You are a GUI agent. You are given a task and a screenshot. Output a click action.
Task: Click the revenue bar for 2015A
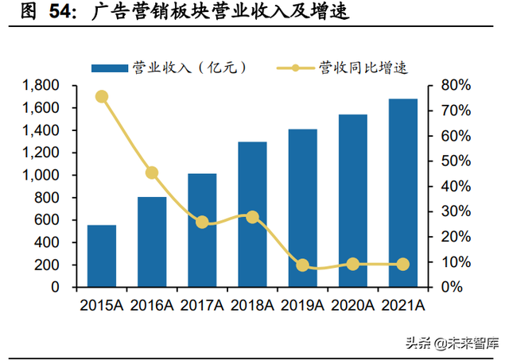point(102,256)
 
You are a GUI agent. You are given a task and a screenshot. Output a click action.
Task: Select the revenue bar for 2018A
point(252,215)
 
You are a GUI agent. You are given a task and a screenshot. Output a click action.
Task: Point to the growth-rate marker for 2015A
point(102,97)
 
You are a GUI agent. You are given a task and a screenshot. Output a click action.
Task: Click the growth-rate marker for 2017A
point(202,223)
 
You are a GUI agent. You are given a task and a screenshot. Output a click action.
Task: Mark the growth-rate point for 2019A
point(302,265)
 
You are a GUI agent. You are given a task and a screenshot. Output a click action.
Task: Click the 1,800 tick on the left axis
point(45,85)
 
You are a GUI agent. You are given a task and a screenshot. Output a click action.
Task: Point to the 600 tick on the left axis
point(53,220)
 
